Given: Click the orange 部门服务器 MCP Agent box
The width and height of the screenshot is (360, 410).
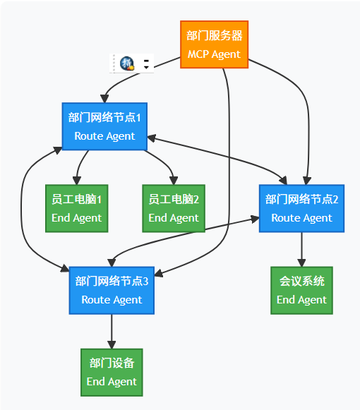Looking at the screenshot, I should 214,44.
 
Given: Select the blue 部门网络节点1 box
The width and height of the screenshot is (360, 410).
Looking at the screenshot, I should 104,126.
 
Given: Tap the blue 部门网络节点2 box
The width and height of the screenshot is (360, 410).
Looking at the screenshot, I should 301,208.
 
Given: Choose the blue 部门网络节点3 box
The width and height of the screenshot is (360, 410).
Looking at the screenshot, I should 112,290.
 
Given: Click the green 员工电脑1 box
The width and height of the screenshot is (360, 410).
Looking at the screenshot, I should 76,208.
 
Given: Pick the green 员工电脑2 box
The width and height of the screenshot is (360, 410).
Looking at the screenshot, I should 174,208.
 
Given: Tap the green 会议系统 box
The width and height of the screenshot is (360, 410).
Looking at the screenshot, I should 301,290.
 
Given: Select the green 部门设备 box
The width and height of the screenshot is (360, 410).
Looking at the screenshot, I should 112,372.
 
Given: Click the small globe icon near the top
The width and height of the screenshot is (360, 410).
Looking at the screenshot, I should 127,64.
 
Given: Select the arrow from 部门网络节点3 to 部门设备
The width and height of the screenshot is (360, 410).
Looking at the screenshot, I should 112,330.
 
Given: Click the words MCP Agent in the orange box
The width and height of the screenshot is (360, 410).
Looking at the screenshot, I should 214,54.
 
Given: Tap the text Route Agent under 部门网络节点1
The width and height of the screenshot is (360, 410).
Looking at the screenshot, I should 104,136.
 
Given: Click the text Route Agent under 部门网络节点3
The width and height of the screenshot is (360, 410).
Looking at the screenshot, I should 112,300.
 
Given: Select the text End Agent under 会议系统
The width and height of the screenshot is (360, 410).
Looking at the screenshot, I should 301,300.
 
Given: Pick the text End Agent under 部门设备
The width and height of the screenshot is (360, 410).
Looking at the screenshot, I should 112,382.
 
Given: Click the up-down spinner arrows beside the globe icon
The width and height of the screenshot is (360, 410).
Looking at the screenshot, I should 146,64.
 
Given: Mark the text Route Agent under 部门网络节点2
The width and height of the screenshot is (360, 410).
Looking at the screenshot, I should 301,218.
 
